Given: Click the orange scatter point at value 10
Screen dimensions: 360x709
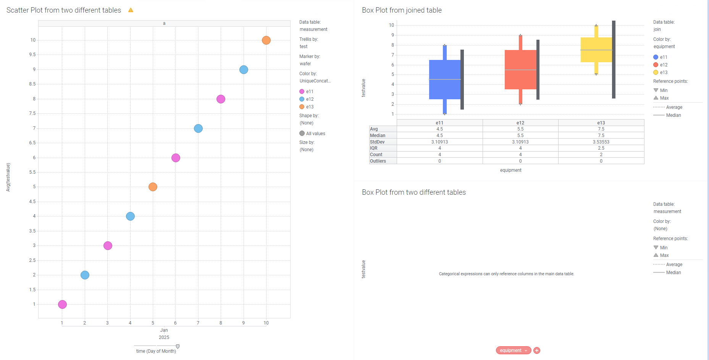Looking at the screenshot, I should [266, 40].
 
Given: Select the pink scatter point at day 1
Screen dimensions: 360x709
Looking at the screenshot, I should [62, 304].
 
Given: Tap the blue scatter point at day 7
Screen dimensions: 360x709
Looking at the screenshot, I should [198, 128].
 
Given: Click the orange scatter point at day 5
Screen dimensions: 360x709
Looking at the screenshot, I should [153, 187].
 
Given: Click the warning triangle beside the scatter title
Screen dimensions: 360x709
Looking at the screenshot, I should [131, 10].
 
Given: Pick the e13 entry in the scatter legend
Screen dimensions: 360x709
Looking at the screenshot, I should [309, 107].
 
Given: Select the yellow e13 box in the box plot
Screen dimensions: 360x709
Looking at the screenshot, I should [596, 50].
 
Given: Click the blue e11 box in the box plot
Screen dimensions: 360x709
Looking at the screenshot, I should [444, 79].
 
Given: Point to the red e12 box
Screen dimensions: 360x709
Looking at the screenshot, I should [520, 69].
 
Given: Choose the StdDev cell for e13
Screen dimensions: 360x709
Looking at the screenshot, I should [601, 142].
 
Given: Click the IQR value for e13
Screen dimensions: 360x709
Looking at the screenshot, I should [601, 148].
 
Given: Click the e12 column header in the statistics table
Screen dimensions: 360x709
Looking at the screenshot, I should [520, 123].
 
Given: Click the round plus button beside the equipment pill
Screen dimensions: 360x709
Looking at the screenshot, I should [537, 350].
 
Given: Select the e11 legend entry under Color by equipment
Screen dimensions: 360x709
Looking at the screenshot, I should [663, 57].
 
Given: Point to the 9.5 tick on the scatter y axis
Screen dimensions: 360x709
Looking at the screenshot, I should [32, 55].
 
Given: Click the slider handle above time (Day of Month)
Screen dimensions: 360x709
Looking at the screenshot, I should [178, 346].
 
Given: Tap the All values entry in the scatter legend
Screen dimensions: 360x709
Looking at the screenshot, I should [315, 134].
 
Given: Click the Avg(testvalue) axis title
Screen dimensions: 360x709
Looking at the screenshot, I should [8, 177].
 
